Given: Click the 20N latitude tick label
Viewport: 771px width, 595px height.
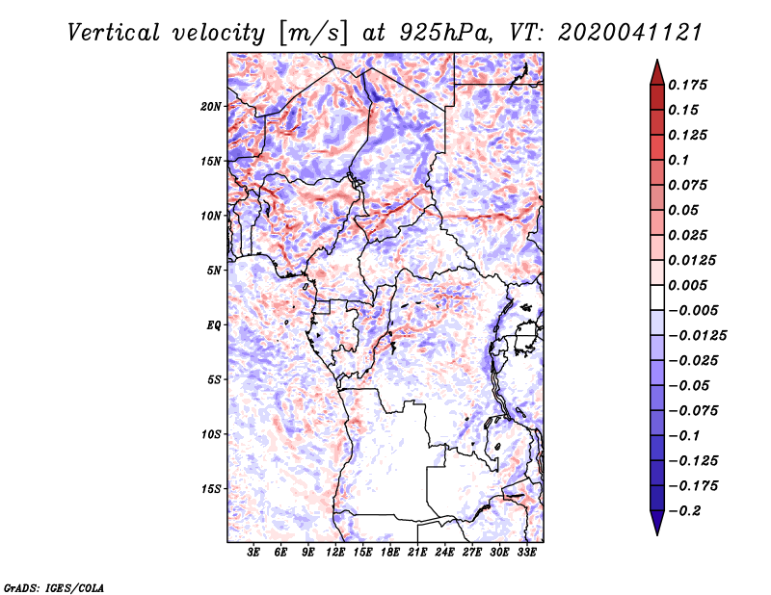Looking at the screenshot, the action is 211,107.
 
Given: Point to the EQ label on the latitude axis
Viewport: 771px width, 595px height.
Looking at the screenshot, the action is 213,325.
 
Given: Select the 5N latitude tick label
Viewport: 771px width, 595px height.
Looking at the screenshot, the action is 214,271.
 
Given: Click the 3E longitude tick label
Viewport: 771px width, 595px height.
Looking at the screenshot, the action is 253,552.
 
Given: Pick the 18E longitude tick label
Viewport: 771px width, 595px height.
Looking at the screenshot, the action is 390,552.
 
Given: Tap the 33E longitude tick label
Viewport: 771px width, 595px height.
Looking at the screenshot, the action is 526,552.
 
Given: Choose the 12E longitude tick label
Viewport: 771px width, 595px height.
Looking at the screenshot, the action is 335,552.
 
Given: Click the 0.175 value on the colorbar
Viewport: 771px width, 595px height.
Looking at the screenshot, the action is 687,85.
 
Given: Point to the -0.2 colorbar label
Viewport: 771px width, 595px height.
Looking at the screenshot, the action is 684,511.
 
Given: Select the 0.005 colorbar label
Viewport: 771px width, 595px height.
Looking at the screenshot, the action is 687,285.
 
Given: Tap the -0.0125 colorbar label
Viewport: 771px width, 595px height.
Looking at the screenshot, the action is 697,336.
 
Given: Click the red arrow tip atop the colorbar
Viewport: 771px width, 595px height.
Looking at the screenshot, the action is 657,61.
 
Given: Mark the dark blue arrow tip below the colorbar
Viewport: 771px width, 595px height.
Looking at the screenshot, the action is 657,534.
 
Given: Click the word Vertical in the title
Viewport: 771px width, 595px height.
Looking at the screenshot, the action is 114,33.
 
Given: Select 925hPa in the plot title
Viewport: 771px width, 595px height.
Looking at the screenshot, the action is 446,33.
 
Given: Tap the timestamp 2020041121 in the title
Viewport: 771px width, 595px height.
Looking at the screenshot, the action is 630,33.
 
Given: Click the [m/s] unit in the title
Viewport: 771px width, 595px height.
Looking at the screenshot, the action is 312,34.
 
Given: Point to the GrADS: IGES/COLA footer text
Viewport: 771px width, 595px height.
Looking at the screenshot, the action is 54,587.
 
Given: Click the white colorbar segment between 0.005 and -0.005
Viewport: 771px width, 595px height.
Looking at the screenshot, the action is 657,297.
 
